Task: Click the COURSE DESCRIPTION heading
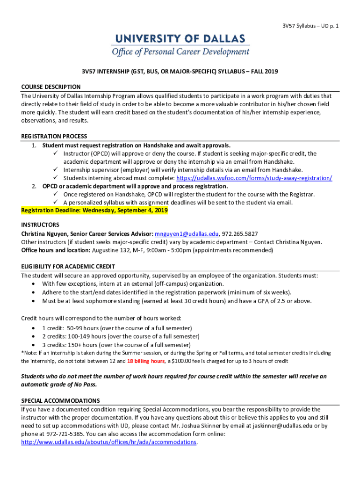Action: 51,87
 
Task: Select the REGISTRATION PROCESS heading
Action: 54,136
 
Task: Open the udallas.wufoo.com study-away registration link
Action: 254,178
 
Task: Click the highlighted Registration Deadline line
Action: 94,211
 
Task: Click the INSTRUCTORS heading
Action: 40,225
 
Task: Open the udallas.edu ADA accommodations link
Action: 109,442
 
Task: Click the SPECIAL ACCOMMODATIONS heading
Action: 60,401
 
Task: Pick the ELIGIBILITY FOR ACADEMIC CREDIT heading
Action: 68,267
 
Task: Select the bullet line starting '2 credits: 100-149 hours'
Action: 121,336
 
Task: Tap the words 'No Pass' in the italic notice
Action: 93,385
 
